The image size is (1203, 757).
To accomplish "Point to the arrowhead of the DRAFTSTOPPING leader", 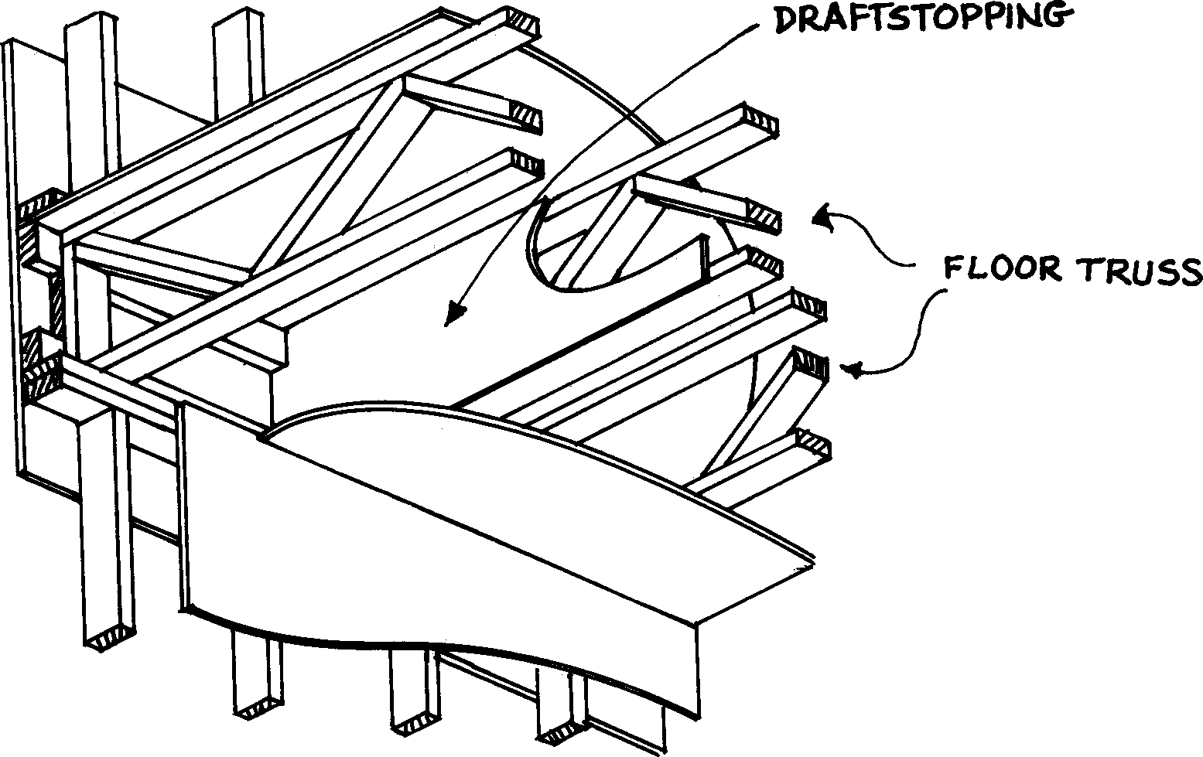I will click(456, 314).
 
